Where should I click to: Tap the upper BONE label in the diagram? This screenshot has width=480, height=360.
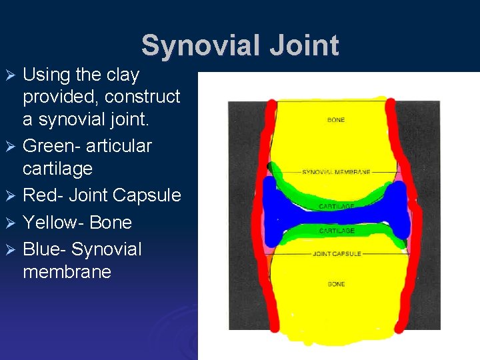coord(336,120)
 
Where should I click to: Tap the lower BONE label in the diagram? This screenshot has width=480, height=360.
coord(336,284)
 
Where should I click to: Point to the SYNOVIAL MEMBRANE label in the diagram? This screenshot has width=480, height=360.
coord(336,172)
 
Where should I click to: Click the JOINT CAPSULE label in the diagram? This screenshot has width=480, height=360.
coord(337,254)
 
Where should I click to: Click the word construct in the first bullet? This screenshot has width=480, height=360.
coord(141,97)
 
